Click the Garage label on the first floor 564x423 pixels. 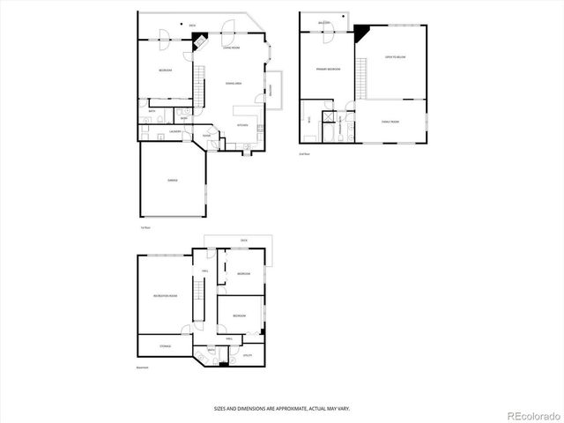pos(173,180)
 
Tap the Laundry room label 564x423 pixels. pos(175,131)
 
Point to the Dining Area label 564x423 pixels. pos(234,83)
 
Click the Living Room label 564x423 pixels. pos(232,48)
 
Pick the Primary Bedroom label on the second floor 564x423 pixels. pos(328,68)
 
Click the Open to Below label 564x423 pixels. pos(395,57)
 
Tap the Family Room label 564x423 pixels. pos(390,122)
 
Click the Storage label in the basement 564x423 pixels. pos(166,346)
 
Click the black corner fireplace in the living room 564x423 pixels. pos(201,41)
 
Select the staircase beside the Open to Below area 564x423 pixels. pos(361,79)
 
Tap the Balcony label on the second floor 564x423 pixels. pos(325,22)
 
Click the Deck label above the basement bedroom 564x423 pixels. pos(244,240)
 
